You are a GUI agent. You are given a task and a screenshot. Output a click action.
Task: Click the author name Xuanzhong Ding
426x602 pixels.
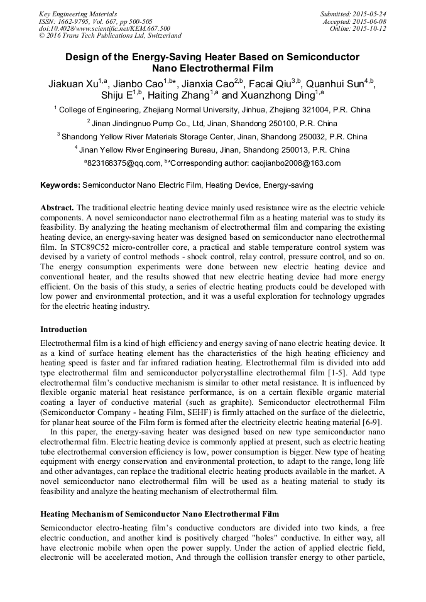pyautogui.click(x=282, y=95)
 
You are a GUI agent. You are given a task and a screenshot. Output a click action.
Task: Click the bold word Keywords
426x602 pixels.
pyautogui.click(x=60, y=186)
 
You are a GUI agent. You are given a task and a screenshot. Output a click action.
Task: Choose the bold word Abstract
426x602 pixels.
pyautogui.click(x=57, y=207)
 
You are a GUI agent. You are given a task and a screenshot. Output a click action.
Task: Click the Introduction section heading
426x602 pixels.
pyautogui.click(x=63, y=329)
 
